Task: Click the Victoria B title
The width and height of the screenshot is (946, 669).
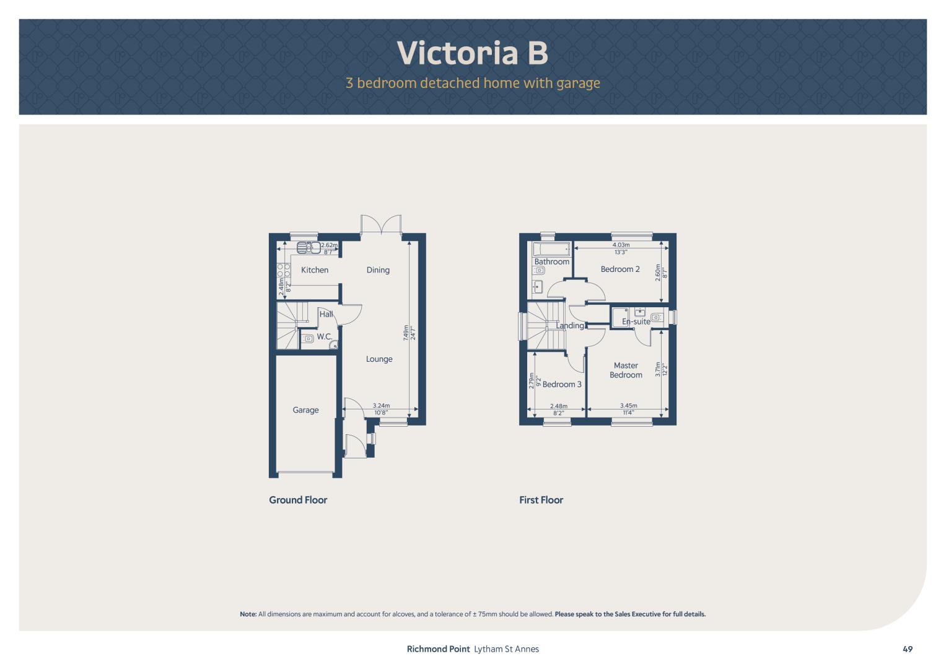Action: pos(473,53)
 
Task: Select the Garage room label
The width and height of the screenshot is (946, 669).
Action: pos(305,410)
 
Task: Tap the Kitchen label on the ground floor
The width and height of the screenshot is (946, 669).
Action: pos(315,270)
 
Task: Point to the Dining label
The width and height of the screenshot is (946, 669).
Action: pos(378,270)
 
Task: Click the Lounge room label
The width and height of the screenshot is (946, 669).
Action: pos(379,359)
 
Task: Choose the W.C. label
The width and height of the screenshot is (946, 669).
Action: pos(325,336)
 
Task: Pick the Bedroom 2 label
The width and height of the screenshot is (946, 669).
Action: pos(620,269)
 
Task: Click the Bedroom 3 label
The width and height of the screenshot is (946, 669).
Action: pos(562,384)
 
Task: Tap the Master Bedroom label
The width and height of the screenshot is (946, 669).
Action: pos(626,370)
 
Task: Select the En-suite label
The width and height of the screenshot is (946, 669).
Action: pos(636,321)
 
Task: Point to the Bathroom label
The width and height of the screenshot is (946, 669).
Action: pos(551,262)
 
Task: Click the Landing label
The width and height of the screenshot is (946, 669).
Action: pos(570,326)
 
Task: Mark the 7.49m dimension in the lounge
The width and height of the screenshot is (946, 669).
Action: pos(406,333)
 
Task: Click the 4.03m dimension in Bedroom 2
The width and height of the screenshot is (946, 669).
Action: pos(621,245)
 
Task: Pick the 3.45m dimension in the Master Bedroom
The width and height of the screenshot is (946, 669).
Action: pos(628,406)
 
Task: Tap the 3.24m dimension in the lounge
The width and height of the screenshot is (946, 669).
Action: pos(382,406)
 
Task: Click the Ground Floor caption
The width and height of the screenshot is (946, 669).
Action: pos(298,500)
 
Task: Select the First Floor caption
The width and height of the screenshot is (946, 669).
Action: pos(541,500)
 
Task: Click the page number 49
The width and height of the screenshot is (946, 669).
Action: pos(908,649)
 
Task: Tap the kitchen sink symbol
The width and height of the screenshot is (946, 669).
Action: pos(309,248)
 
